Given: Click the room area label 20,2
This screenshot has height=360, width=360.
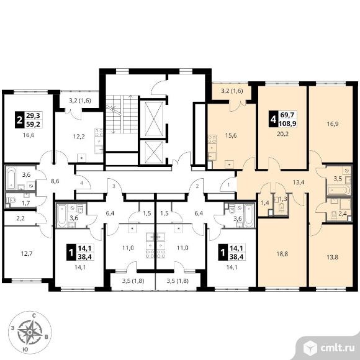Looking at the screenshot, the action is (282, 133).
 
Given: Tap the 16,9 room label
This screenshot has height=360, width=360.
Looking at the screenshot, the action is (333, 124).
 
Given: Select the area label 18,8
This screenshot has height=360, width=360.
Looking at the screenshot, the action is (282, 254).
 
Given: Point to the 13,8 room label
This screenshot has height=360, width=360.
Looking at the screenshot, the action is (333, 257).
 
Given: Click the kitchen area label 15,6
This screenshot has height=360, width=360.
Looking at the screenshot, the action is (231, 135).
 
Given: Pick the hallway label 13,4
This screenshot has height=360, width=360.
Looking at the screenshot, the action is (299, 182).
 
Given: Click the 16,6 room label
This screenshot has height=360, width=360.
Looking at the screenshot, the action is (29, 135).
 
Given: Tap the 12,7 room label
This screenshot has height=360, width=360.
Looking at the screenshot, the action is (27, 254).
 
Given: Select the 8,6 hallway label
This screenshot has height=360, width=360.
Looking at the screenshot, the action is (55, 181).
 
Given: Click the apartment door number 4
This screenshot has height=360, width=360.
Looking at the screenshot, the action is (81, 183).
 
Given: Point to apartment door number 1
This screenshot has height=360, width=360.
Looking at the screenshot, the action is (228, 184).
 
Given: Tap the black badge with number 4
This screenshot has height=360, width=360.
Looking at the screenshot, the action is (273, 119).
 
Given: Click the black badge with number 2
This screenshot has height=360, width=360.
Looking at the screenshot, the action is (19, 119).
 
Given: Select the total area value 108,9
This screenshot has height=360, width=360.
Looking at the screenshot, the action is (287, 124).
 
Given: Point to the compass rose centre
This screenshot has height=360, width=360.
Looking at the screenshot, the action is (30, 333).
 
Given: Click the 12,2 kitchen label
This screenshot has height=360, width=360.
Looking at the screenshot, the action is (79, 137).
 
